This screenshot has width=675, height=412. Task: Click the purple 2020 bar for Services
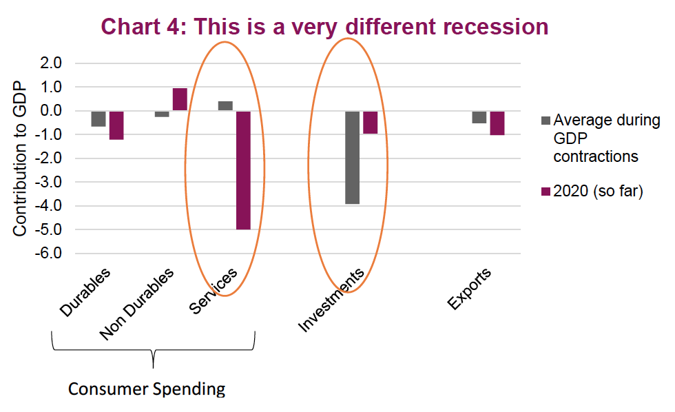[243, 169]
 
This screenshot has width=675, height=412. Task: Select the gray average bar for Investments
[352, 157]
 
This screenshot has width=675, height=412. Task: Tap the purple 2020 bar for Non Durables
[180, 99]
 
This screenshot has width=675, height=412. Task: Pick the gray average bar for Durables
[98, 119]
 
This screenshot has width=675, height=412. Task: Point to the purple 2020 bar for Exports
[497, 123]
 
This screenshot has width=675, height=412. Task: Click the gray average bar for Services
[225, 106]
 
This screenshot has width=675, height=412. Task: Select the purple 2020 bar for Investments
[370, 122]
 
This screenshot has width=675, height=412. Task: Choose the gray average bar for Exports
[479, 117]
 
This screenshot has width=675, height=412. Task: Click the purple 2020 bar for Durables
[116, 125]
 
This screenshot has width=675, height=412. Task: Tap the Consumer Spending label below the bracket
[147, 389]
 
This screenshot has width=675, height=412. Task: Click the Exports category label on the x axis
[470, 289]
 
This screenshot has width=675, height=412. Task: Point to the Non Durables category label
[136, 305]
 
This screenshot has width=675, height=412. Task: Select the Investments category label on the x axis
[331, 300]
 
